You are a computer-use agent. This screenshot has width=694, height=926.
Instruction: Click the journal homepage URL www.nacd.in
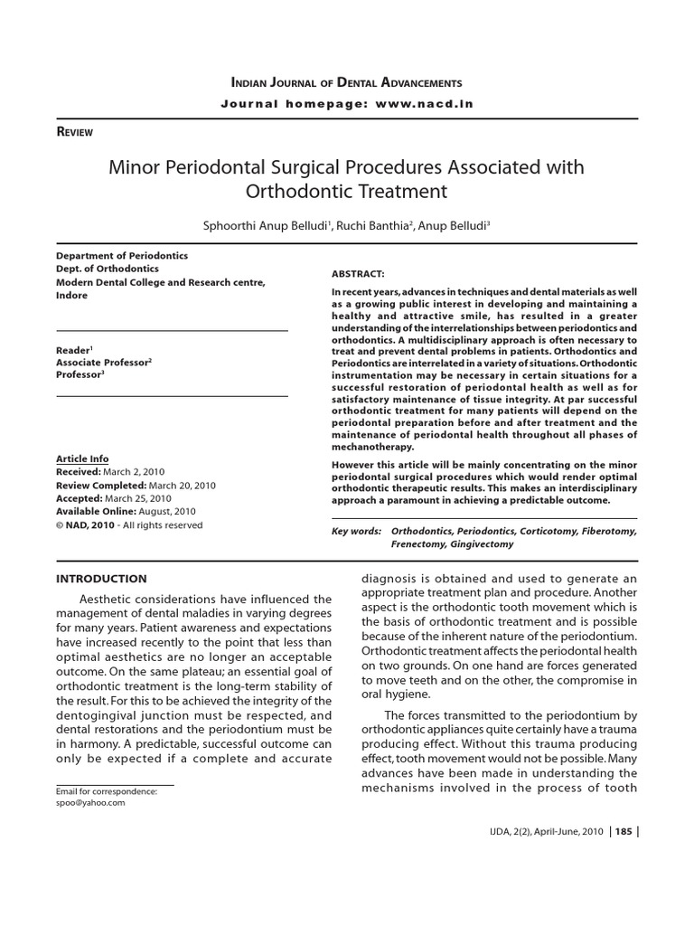click(x=424, y=104)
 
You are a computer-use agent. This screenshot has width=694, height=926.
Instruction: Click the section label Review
click(x=75, y=132)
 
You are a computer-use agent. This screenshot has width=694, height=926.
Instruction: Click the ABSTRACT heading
click(x=359, y=273)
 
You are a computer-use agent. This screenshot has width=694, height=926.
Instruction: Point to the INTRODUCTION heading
click(x=101, y=579)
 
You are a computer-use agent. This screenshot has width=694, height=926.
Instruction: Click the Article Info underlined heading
click(x=82, y=459)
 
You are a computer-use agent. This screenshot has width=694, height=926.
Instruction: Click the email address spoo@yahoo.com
click(x=90, y=802)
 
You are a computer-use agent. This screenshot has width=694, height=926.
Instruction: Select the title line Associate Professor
click(x=102, y=362)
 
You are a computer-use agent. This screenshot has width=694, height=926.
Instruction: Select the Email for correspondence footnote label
click(x=107, y=791)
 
